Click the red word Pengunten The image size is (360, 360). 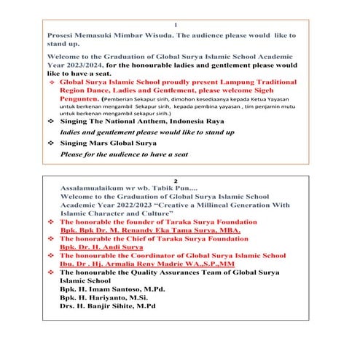point(82,100)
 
